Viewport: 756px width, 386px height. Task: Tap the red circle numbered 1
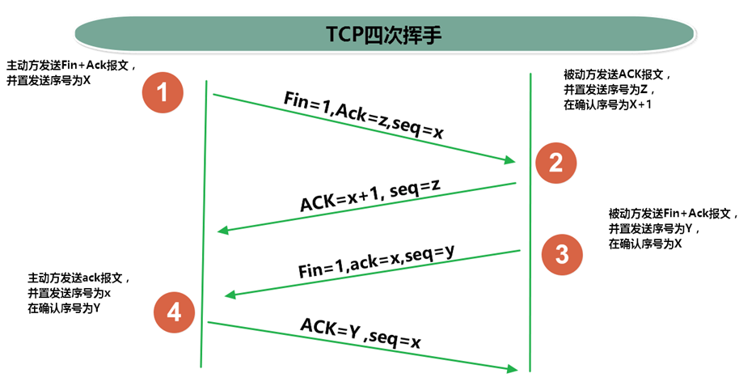(x=162, y=93)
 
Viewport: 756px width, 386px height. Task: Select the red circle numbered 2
(x=555, y=163)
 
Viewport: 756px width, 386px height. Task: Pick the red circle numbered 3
(x=562, y=254)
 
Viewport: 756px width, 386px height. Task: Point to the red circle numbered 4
(x=174, y=312)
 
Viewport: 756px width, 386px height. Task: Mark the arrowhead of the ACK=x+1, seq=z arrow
(x=223, y=231)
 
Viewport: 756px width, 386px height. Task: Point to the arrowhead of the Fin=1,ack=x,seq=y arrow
(x=230, y=295)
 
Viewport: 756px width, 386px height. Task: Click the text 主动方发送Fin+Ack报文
(x=70, y=65)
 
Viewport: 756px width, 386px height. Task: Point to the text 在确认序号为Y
(x=64, y=308)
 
